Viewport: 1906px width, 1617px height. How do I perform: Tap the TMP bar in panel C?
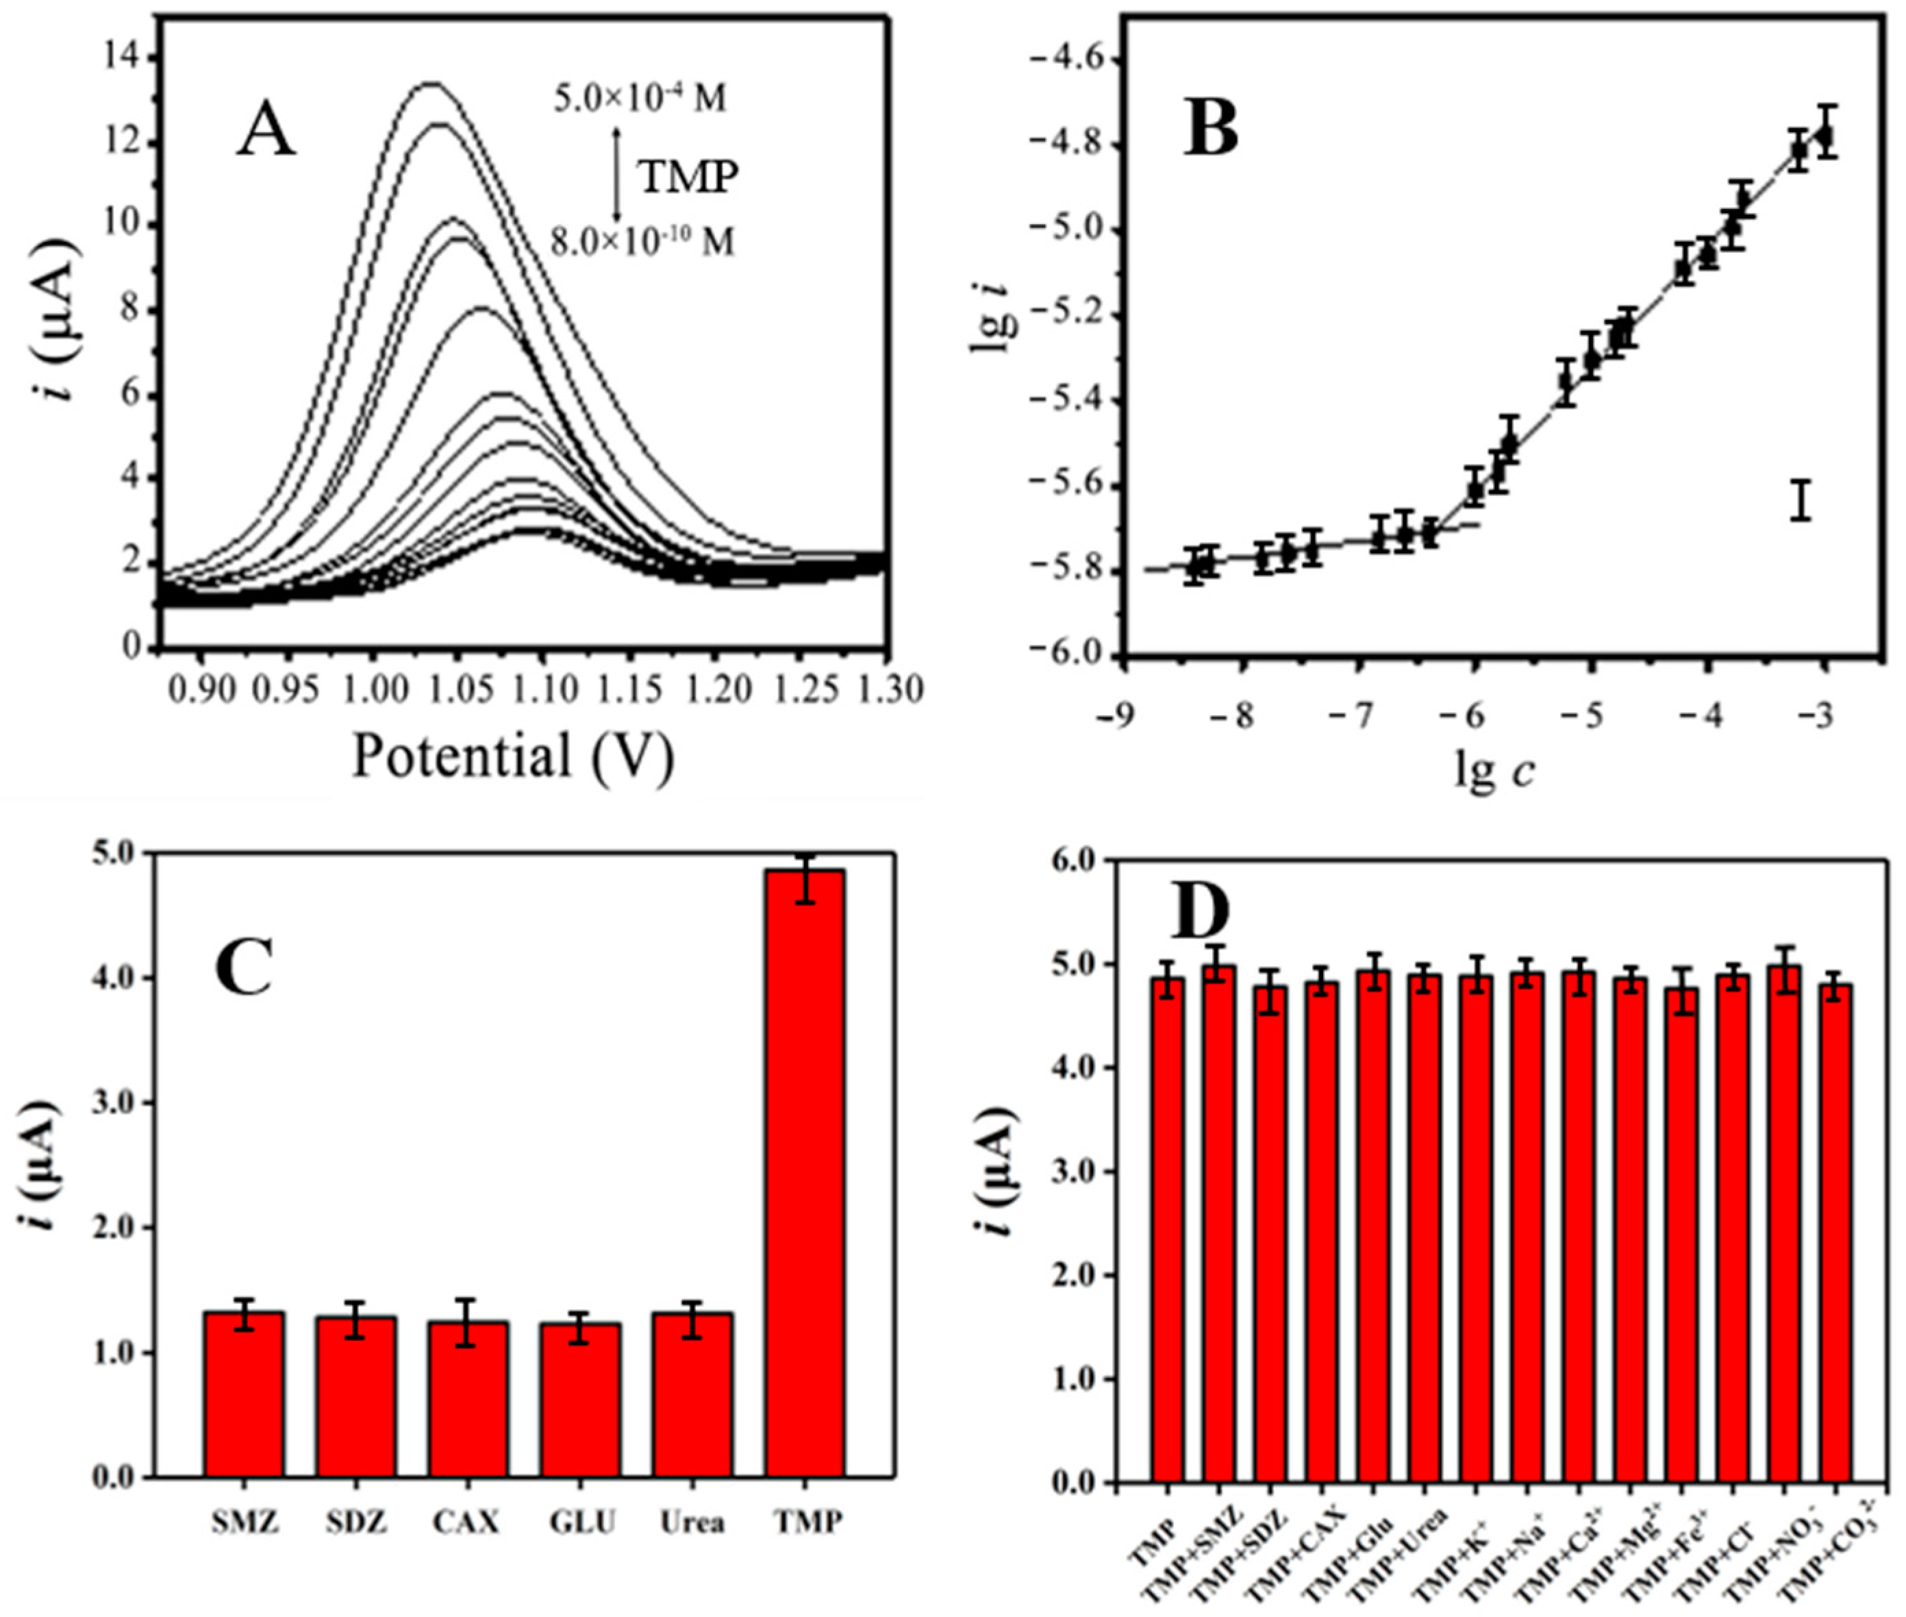(805, 1173)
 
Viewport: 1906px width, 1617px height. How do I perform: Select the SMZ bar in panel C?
(244, 1394)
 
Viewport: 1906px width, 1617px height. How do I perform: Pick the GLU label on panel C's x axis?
(583, 1522)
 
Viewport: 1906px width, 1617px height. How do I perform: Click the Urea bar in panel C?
(693, 1394)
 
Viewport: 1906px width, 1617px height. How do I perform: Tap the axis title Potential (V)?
(513, 757)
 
